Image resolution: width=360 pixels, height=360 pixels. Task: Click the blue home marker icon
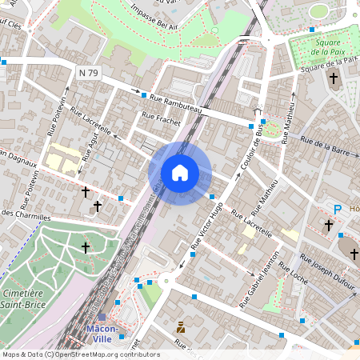180,173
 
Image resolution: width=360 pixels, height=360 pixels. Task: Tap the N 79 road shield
89,73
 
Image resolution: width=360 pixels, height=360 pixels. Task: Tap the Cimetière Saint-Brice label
22,298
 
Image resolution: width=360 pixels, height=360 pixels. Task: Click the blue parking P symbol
338,210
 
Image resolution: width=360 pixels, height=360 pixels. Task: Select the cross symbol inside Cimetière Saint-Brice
86,248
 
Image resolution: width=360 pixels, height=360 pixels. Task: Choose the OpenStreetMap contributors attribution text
80,354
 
